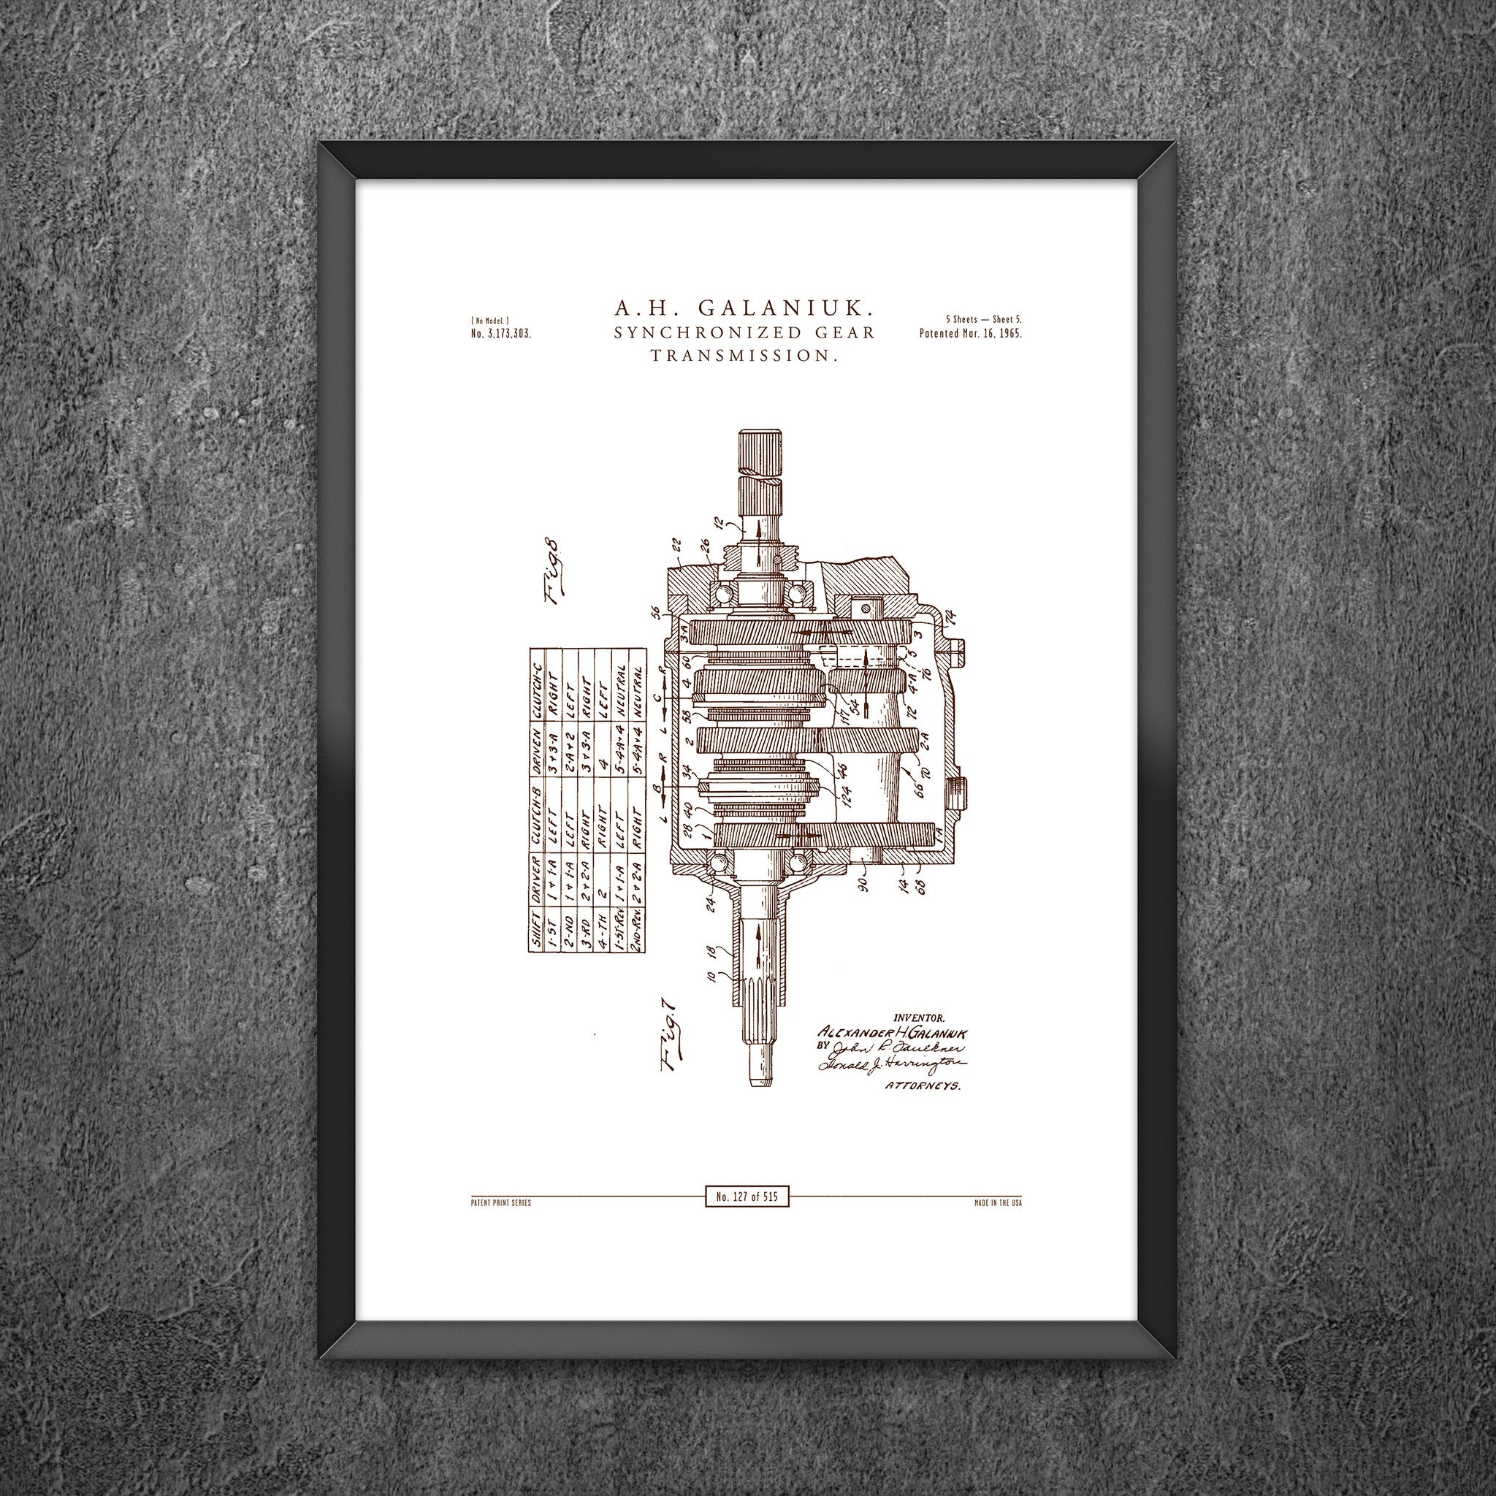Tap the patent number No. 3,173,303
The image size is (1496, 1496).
coord(501,335)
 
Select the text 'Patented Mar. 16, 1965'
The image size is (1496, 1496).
coord(970,335)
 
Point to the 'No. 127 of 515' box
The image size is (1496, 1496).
coord(747,1197)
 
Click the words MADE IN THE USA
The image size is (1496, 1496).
coord(997,1203)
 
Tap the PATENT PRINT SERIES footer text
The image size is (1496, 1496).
coord(500,1203)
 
